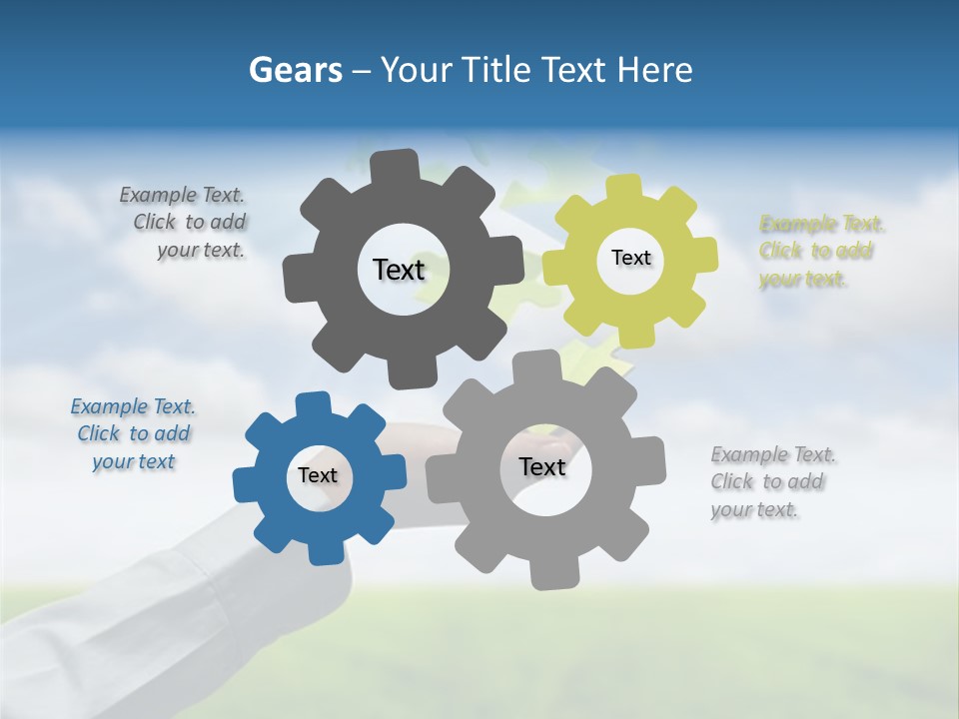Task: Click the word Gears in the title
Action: coord(295,70)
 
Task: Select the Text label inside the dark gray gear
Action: coord(399,270)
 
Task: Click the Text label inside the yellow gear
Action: coord(630,258)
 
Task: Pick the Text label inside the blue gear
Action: coord(318,475)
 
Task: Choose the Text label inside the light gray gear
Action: coord(542,466)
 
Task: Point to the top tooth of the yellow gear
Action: coord(624,188)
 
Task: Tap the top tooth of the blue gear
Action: coord(312,404)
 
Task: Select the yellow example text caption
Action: coord(821,251)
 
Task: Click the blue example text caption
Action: coord(133,433)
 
